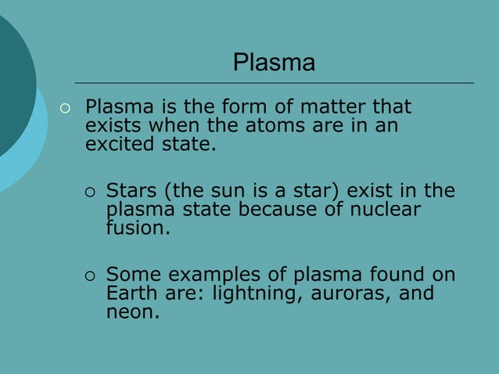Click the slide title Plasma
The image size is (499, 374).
coord(274,63)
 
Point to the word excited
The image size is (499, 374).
coord(120,144)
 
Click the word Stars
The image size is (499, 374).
coord(131,191)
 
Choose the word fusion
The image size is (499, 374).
coord(137,229)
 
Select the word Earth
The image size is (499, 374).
coord(130,295)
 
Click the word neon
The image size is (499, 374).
coord(132,314)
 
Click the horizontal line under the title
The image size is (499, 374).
coord(274,82)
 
